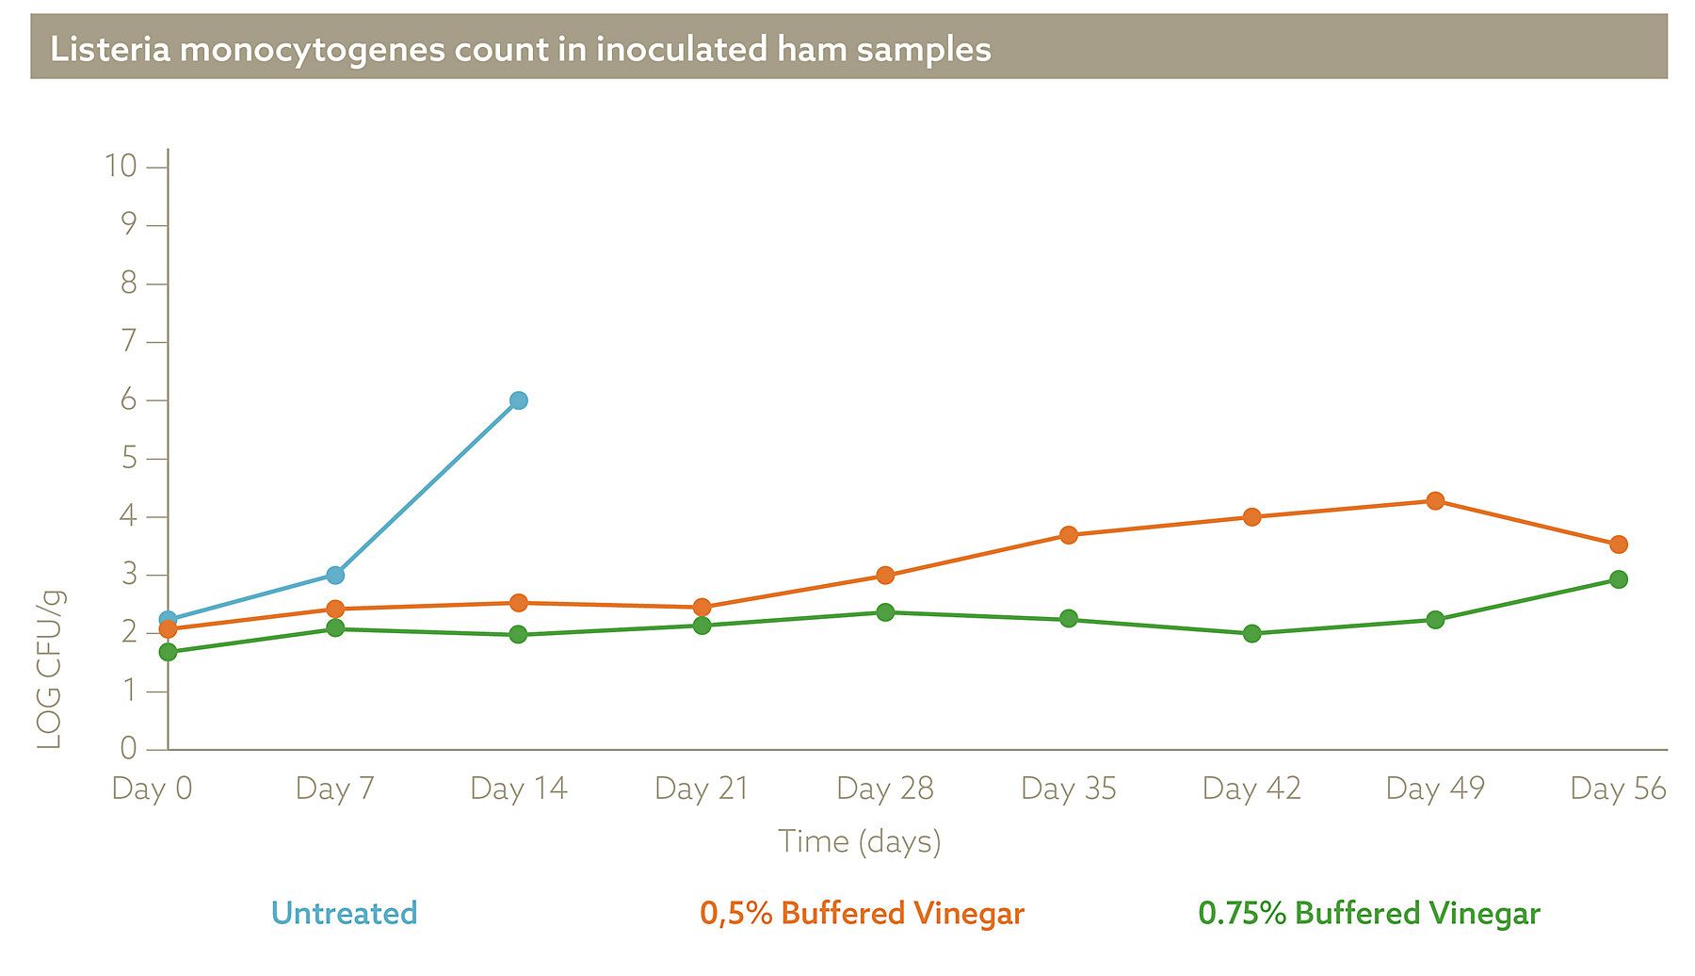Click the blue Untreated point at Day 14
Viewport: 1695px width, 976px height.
pyautogui.click(x=518, y=400)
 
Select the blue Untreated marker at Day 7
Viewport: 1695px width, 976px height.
pyautogui.click(x=335, y=575)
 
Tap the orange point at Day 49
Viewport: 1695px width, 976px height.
pyautogui.click(x=1435, y=501)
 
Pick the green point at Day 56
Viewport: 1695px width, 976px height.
pyautogui.click(x=1618, y=579)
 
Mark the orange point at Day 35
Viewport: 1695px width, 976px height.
pyautogui.click(x=1069, y=535)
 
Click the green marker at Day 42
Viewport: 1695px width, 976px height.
pyautogui.click(x=1251, y=634)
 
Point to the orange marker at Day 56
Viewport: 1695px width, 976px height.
pyautogui.click(x=1618, y=545)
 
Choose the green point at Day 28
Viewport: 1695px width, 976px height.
pyautogui.click(x=885, y=612)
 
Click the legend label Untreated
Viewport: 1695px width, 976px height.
pyautogui.click(x=344, y=913)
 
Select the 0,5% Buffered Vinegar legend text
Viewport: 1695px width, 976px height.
pyautogui.click(x=862, y=913)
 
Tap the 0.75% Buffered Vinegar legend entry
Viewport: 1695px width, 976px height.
pyautogui.click(x=1369, y=913)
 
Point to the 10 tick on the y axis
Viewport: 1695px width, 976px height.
pyautogui.click(x=121, y=167)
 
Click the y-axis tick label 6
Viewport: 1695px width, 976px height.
pyautogui.click(x=128, y=400)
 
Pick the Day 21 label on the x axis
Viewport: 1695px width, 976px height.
pyautogui.click(x=702, y=789)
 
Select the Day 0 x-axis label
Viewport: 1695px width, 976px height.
pyautogui.click(x=152, y=789)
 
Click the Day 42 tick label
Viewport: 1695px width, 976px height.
pyautogui.click(x=1251, y=789)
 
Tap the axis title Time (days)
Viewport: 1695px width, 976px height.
pyautogui.click(x=859, y=841)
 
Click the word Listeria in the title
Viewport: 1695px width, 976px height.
pyautogui.click(x=110, y=49)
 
